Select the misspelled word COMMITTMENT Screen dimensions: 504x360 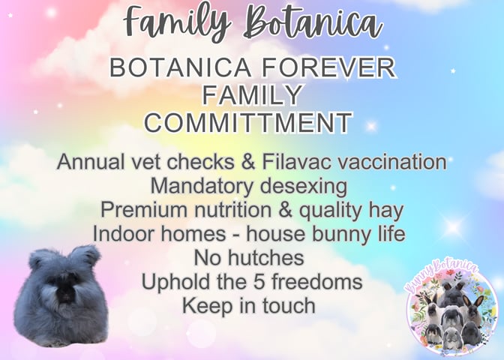coord(248,122)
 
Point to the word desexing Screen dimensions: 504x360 coord(304,186)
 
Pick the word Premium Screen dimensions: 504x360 coord(144,209)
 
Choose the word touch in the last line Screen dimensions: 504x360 coord(289,305)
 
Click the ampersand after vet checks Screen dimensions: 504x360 coord(247,161)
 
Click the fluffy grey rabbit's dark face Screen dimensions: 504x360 coord(65,292)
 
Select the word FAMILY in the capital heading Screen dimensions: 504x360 coord(252,95)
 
